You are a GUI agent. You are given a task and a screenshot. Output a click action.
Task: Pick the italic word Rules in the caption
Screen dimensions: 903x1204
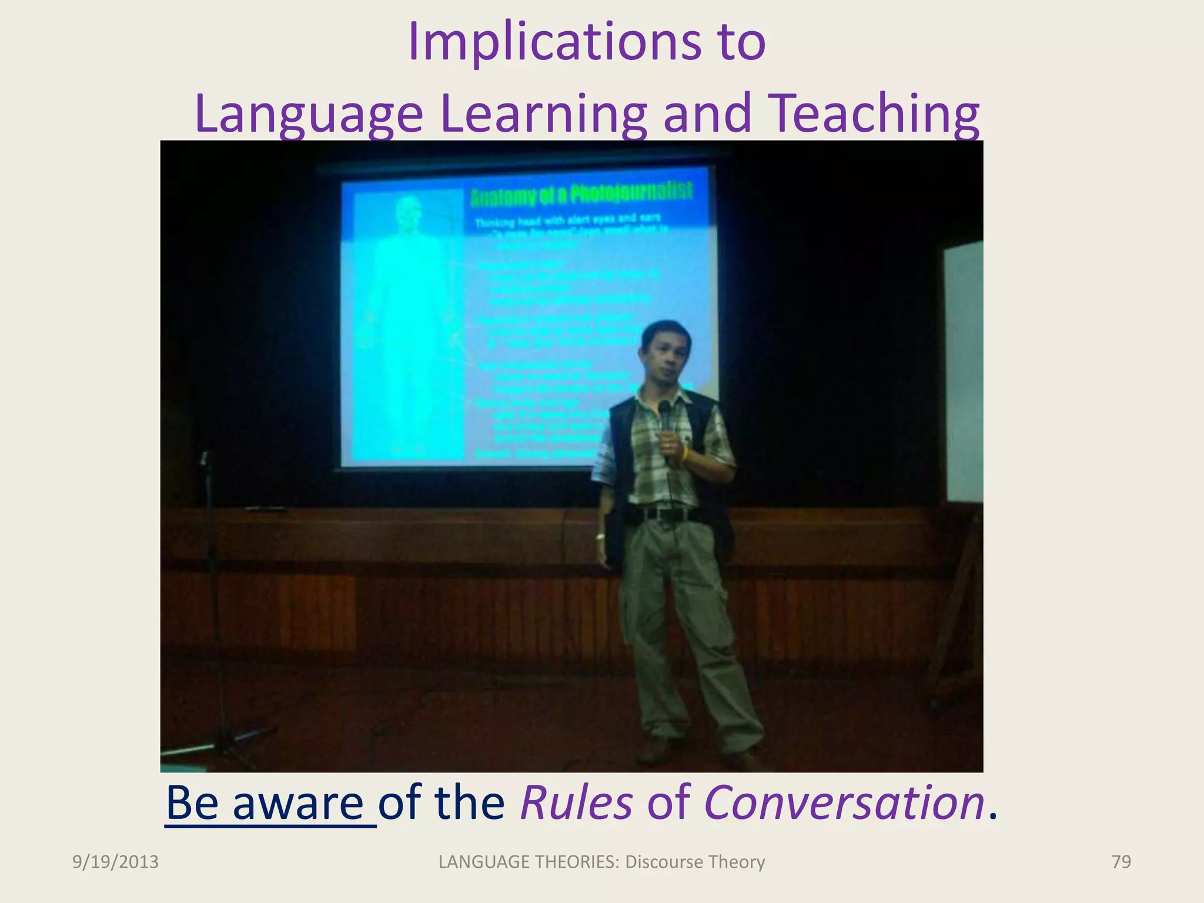coord(576,802)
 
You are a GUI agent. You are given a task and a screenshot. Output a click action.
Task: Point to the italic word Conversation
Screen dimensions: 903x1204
coord(844,802)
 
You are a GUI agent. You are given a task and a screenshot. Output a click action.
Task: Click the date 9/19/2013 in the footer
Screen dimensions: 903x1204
coord(115,862)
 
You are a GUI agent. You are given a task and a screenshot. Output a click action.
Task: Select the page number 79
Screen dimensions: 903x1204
coord(1121,862)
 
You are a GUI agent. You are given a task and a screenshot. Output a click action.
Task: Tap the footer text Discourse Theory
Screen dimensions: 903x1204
coord(695,862)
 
